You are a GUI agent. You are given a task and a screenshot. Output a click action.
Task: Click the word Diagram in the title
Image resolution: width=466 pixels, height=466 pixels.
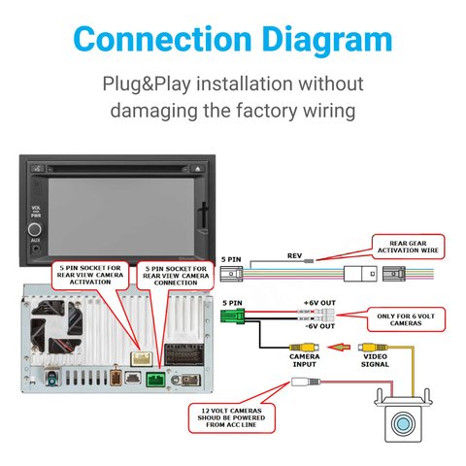pos(327,40)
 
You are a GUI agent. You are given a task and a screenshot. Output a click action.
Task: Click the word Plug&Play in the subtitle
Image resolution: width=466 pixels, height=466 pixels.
pos(147,83)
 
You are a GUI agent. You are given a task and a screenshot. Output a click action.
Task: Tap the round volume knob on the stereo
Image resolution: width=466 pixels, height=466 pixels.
pos(35,229)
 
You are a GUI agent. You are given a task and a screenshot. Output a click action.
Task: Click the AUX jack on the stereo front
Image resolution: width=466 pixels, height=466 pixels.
pos(35,250)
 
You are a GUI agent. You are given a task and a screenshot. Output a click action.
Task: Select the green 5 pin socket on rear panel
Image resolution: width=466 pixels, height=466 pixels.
pos(155,380)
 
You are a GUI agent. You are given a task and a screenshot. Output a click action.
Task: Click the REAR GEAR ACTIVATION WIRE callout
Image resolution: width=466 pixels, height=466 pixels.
pos(408,247)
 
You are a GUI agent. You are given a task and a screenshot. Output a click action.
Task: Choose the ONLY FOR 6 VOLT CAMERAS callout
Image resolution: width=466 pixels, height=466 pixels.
pos(406,319)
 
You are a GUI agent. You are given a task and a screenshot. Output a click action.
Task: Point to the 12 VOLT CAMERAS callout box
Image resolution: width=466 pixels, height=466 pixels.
pos(231,417)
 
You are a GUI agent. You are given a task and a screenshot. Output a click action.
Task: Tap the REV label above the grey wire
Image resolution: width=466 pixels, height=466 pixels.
pos(294,255)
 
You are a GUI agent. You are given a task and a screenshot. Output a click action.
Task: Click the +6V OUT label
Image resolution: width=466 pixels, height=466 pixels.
pos(319,303)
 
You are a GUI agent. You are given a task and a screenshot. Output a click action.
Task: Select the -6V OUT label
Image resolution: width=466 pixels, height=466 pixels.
pos(320,326)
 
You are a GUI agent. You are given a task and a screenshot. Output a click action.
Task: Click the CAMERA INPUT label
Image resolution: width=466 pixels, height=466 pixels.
pos(304,360)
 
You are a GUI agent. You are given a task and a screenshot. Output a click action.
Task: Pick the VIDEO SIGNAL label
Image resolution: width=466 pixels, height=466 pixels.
pos(375,360)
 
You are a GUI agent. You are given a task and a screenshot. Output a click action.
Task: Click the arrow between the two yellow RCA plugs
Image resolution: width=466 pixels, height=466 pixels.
pos(339,348)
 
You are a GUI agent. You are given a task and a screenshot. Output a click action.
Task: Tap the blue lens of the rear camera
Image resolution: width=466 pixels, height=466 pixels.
pos(403,423)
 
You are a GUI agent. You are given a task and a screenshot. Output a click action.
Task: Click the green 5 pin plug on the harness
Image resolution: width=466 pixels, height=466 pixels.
pos(232,316)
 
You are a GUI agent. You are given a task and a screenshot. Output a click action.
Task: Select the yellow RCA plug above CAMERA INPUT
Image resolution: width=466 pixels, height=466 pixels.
pos(304,348)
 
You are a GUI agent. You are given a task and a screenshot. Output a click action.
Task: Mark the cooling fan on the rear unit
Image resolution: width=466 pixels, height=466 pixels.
pos(56,327)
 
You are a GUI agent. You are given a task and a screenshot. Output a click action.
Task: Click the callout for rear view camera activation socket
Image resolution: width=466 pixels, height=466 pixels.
pos(90,275)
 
